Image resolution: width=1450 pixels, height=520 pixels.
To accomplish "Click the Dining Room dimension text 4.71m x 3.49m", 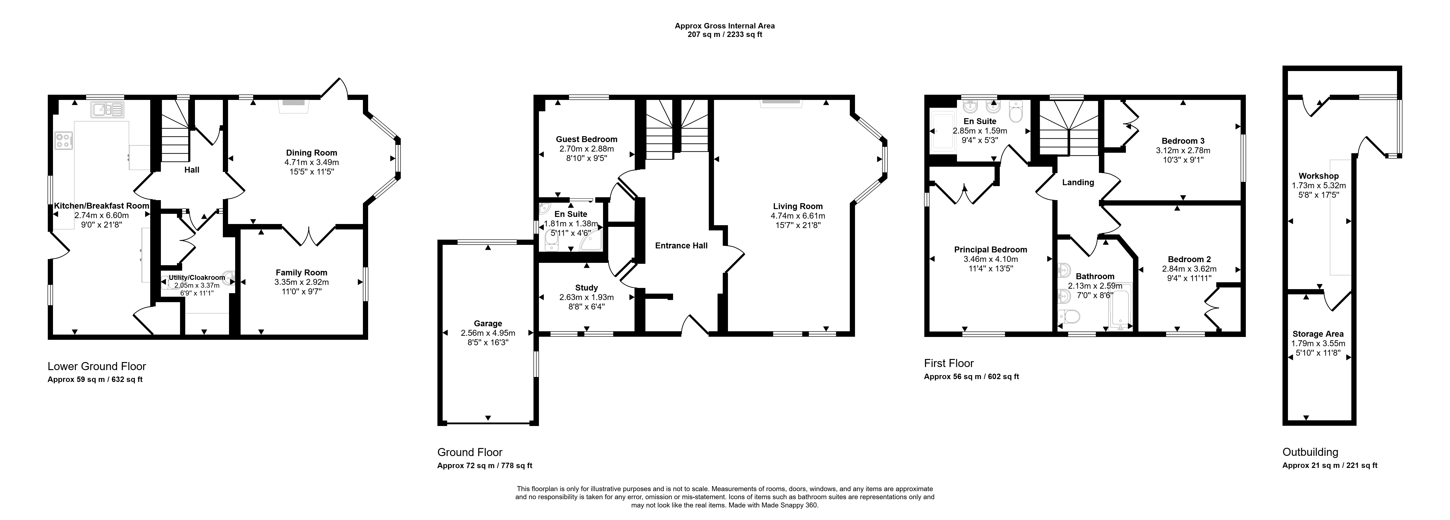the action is pyautogui.click(x=312, y=162).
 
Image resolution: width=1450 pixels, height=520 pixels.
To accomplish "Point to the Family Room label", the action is pyautogui.click(x=301, y=273).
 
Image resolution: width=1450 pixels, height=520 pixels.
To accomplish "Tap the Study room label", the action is pyautogui.click(x=586, y=288).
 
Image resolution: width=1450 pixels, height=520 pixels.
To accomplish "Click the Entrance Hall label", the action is pyautogui.click(x=681, y=246).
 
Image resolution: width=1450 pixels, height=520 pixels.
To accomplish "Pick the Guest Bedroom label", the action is pyautogui.click(x=586, y=139).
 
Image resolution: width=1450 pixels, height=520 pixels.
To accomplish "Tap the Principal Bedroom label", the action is pyautogui.click(x=991, y=250).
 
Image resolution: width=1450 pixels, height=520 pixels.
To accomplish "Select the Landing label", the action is pyautogui.click(x=1078, y=183).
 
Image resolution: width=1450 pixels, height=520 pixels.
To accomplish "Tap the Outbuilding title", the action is pyautogui.click(x=1310, y=452).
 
